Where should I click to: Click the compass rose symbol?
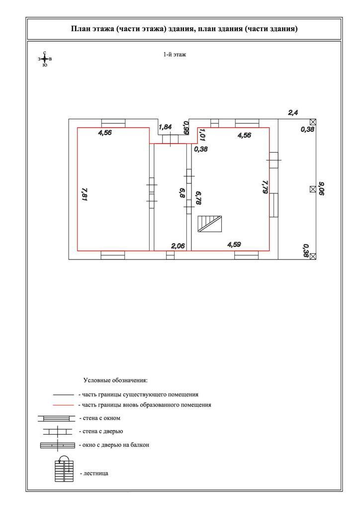(x=45, y=59)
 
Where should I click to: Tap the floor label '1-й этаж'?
(x=175, y=55)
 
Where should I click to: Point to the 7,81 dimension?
(x=85, y=193)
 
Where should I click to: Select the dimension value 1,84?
(x=165, y=127)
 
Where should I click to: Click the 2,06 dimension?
(x=178, y=246)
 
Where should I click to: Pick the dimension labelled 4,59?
(x=234, y=245)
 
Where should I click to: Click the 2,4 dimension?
(x=293, y=113)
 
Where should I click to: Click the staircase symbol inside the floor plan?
(x=209, y=224)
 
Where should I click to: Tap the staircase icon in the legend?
(x=64, y=469)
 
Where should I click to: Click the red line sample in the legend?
(x=64, y=405)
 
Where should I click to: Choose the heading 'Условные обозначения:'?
(x=115, y=381)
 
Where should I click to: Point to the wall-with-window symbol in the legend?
(x=56, y=419)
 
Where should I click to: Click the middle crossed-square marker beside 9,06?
(x=312, y=189)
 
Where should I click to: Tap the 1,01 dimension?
(x=202, y=135)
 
